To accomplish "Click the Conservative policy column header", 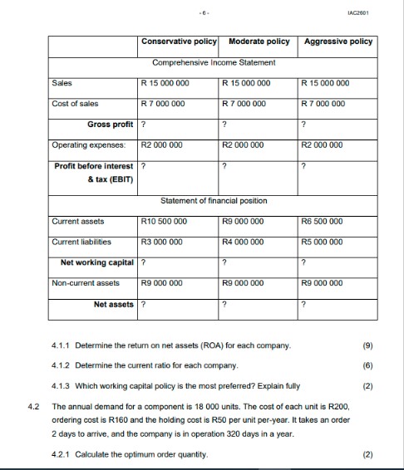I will coord(179,42).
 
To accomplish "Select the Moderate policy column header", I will coord(259,42).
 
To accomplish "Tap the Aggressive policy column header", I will coord(339,42).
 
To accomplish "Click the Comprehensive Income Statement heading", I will coord(214,63).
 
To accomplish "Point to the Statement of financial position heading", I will coord(214,202).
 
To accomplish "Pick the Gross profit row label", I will coord(110,125).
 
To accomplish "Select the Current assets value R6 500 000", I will coord(328,222).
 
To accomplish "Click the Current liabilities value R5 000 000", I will coord(328,242).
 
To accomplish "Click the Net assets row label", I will coord(113,304).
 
